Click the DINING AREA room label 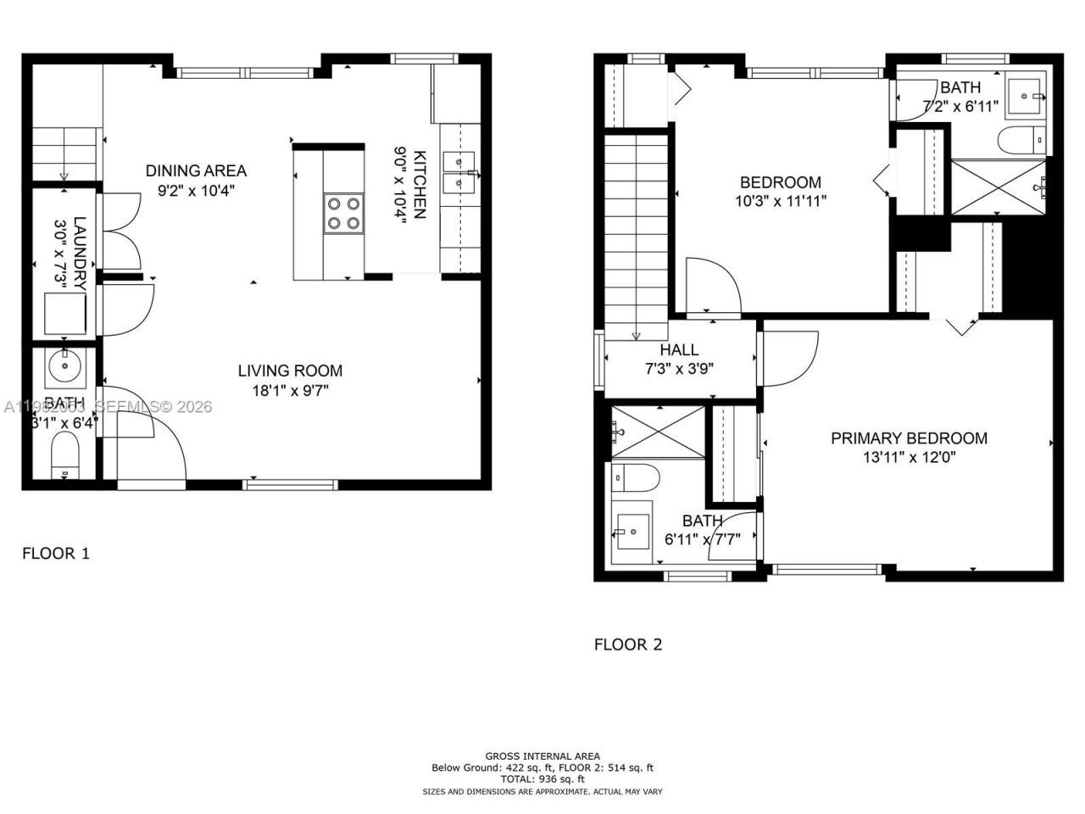(x=196, y=170)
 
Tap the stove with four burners (x=343, y=213)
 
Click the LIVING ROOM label (x=290, y=371)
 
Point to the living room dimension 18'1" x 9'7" (x=290, y=391)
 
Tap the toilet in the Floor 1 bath (x=64, y=456)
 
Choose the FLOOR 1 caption (x=55, y=554)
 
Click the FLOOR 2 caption (x=628, y=644)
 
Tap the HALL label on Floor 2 (x=679, y=349)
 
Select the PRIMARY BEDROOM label (x=909, y=438)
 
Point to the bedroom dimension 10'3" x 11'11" (x=781, y=202)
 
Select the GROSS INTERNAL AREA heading (x=542, y=755)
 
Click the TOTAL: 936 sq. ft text (x=542, y=778)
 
